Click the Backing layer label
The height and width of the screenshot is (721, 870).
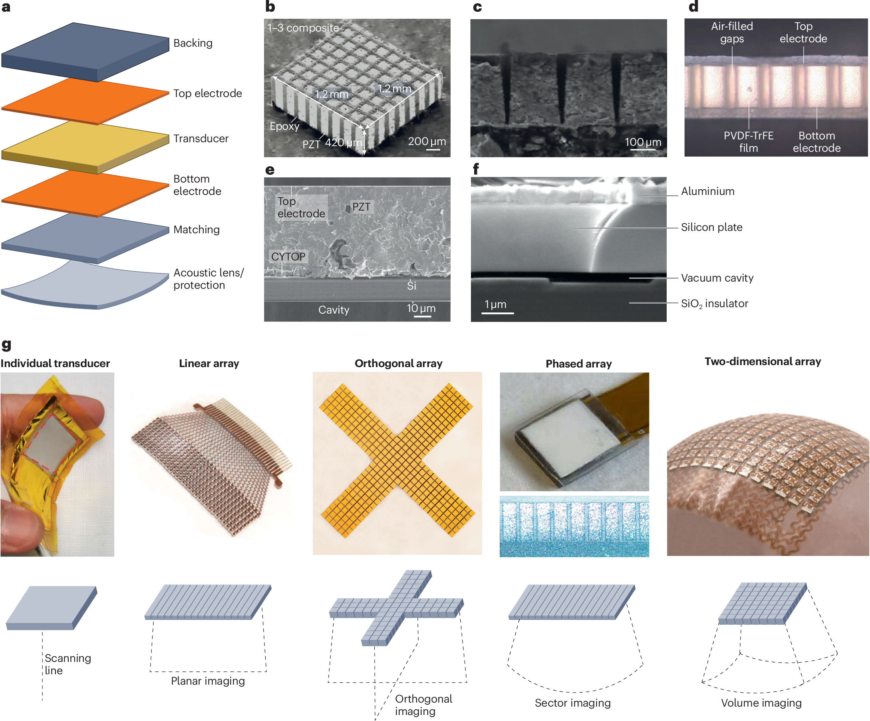click(x=193, y=43)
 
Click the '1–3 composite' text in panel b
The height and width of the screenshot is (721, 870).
click(x=303, y=28)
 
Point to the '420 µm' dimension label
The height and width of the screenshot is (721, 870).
click(x=343, y=143)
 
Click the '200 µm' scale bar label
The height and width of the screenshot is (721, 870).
click(x=427, y=141)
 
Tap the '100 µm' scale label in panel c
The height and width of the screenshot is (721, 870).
click(x=643, y=142)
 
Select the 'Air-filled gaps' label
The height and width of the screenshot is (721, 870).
click(x=732, y=32)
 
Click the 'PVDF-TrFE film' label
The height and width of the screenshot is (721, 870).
click(x=748, y=142)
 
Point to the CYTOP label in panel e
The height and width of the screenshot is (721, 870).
click(x=288, y=256)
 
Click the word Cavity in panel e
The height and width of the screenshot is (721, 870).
click(x=334, y=310)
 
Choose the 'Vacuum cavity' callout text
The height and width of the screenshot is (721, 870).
click(x=717, y=278)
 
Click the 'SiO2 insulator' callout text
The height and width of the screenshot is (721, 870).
click(x=714, y=303)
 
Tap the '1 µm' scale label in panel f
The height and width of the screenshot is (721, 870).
click(x=495, y=304)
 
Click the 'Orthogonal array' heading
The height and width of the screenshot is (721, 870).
click(x=398, y=363)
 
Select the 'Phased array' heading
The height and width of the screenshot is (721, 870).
click(x=578, y=364)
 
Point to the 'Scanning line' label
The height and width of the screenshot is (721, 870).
click(x=67, y=664)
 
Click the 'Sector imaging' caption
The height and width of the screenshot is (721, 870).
click(x=572, y=703)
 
